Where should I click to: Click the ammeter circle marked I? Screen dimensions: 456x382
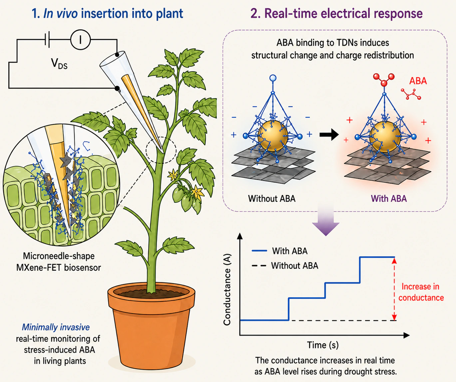tap(80, 40)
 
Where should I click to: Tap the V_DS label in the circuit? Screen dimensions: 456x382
tap(59, 64)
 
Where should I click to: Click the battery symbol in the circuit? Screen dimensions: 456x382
tap(47, 40)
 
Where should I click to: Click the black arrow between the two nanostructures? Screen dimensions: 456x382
tap(329, 135)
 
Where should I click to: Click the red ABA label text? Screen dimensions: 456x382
tap(418, 81)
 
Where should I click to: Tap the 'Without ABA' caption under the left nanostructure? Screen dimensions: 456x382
tap(272, 198)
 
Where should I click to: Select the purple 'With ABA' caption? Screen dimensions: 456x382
tap(389, 198)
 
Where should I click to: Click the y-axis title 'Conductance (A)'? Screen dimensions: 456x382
tap(227, 289)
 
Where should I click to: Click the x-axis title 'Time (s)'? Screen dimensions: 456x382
tap(323, 345)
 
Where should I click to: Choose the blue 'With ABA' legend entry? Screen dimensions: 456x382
tap(279, 251)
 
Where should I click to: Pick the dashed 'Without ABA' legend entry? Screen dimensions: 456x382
tap(285, 266)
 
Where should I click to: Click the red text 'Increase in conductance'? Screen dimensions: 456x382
tap(421, 292)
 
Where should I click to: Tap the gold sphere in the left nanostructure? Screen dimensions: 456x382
tap(272, 136)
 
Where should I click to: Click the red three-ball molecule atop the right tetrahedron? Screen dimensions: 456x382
tap(384, 79)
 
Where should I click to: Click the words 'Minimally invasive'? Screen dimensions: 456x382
tap(56, 327)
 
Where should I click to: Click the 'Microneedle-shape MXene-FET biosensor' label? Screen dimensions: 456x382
tap(59, 262)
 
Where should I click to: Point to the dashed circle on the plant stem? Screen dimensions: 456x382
tap(161, 150)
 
